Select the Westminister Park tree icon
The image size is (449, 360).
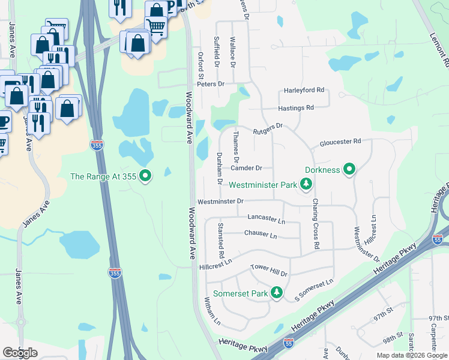point(306,184)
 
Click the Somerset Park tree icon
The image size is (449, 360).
point(276,293)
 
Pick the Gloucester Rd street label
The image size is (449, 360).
point(340,141)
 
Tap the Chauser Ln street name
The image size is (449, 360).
point(261,233)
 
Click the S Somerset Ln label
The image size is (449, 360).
point(313,290)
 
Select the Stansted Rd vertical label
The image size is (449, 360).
point(221,240)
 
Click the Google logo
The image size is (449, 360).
point(20,353)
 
